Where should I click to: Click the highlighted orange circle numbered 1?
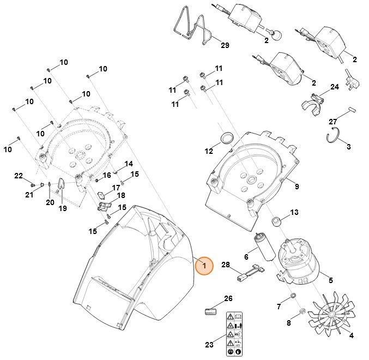pos(204,266)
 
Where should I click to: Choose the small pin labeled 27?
pos(353,110)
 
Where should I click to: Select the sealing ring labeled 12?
pos(227,136)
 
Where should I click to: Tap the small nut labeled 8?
pos(300,311)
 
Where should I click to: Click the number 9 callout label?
pos(297,187)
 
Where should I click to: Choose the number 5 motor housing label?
pos(329,281)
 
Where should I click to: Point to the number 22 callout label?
pos(19,176)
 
